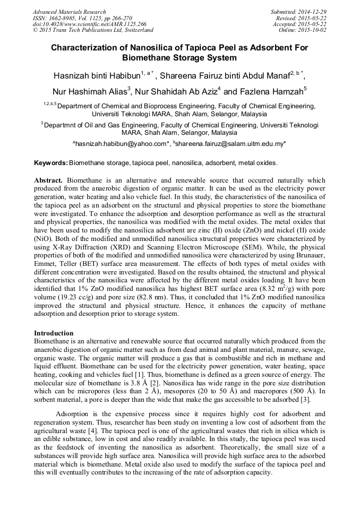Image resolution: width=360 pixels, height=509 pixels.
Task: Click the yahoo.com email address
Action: (x=120, y=143)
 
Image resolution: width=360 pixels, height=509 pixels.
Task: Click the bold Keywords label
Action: (x=51, y=162)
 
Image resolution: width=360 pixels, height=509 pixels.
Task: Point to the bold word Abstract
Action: (x=48, y=180)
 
